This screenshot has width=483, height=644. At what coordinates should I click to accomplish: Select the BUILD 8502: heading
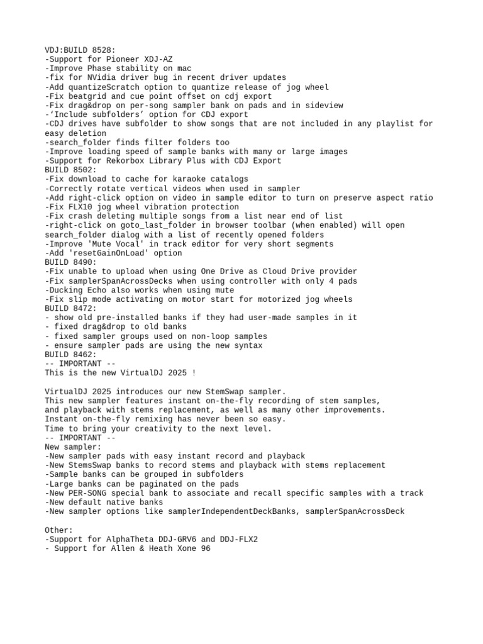[x=70, y=170]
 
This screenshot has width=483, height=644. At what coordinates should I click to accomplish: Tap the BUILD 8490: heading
[x=70, y=262]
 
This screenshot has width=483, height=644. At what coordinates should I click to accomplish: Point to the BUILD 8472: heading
[x=70, y=308]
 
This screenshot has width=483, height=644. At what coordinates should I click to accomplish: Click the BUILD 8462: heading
[x=70, y=355]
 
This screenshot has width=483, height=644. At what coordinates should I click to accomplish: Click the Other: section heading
[x=58, y=530]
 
